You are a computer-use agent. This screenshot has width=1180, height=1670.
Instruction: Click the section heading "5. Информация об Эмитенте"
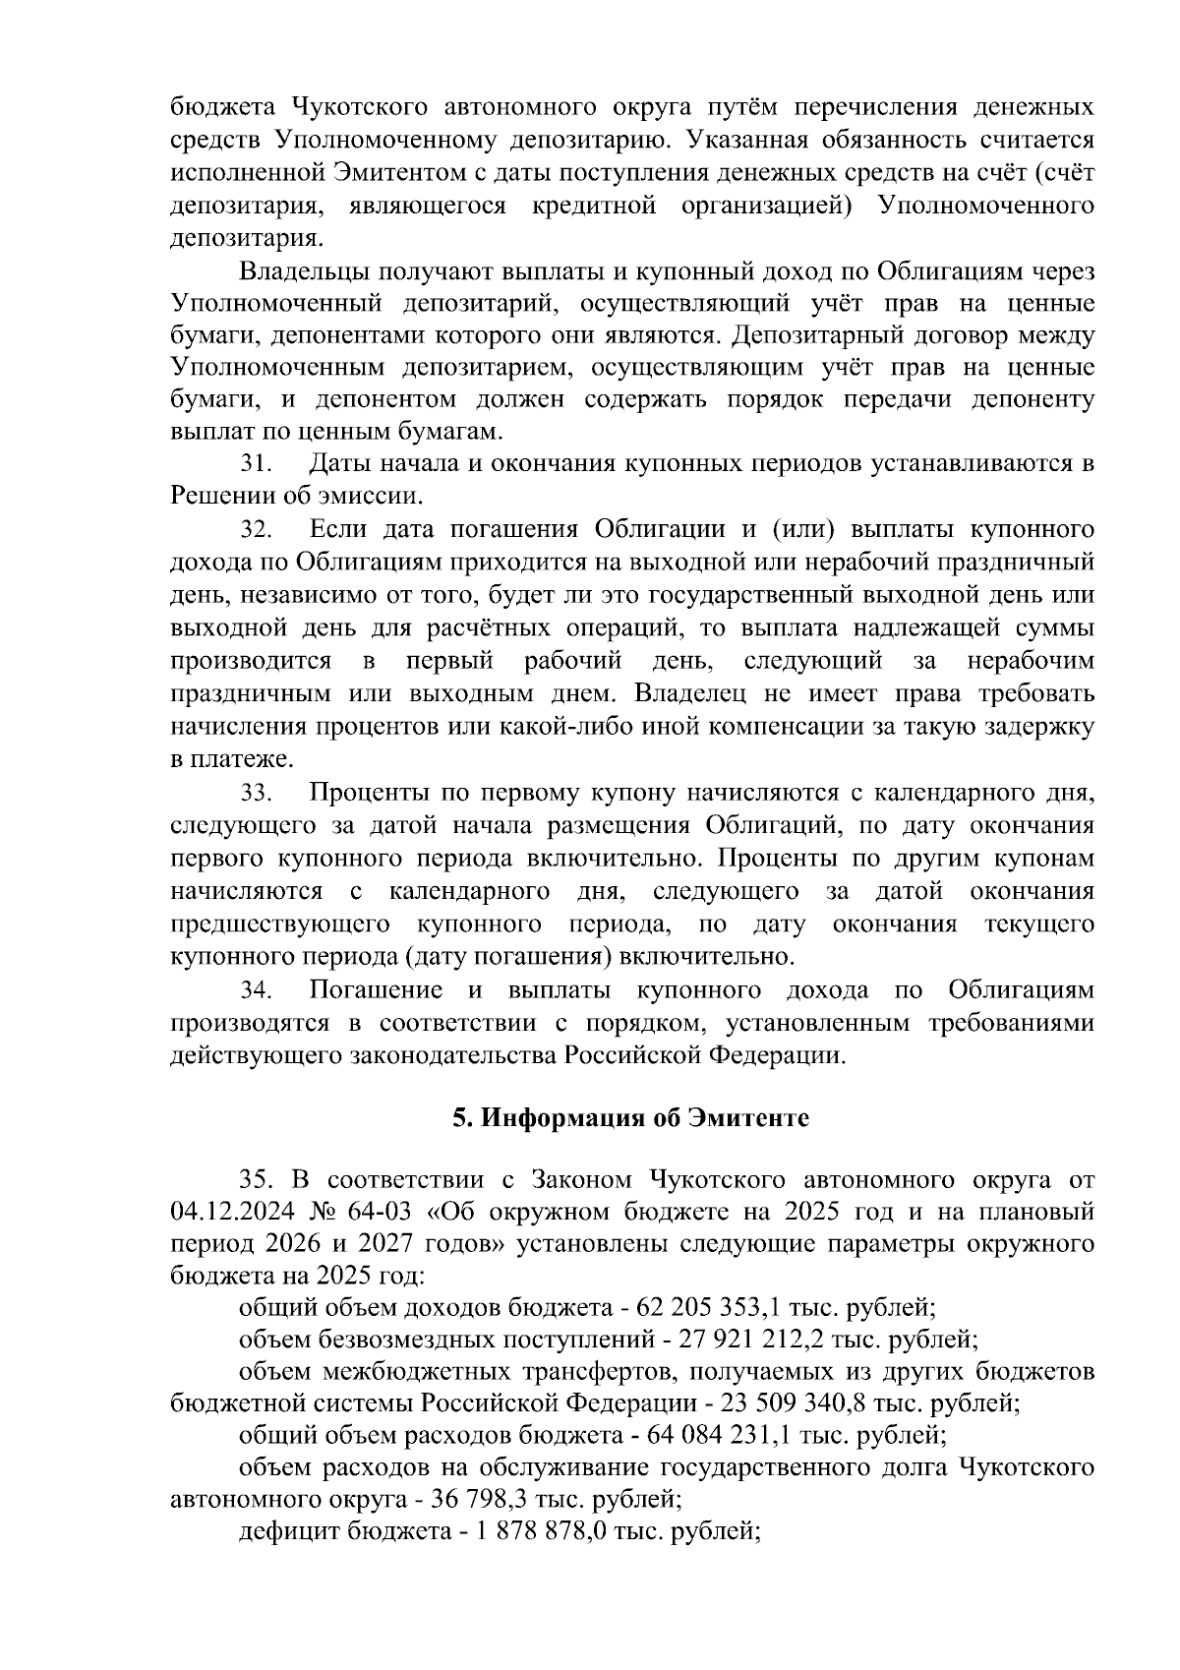[x=630, y=1118]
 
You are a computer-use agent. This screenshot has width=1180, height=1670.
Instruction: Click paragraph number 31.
[x=256, y=464]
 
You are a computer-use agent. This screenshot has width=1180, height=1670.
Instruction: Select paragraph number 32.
[x=256, y=530]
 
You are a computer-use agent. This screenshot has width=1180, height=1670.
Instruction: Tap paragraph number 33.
[x=256, y=793]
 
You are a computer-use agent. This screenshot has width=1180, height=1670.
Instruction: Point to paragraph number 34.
[x=256, y=989]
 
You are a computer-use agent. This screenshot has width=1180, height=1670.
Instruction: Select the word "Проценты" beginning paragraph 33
[x=370, y=793]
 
